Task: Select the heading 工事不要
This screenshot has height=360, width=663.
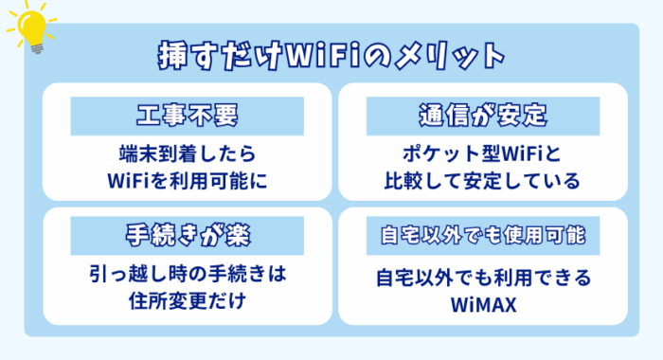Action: point(187,117)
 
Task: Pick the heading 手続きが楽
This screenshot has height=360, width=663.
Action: point(187,233)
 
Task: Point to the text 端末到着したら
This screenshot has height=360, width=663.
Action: point(188,153)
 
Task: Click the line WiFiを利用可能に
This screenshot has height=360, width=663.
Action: point(188,178)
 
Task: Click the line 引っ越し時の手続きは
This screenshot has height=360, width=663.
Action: point(188,277)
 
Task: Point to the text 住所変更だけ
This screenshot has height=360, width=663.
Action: point(188,302)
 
